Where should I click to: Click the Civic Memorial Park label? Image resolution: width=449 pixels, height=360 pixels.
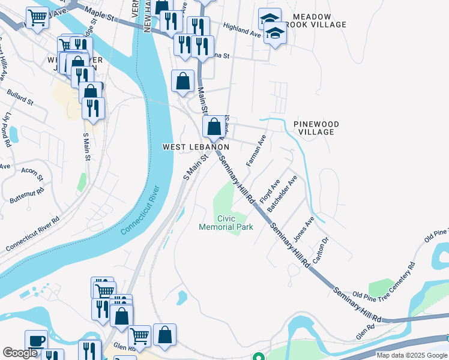coord(226,223)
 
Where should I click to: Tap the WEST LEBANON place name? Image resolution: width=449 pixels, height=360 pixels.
coord(196,147)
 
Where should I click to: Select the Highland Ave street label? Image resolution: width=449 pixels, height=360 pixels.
coord(242,30)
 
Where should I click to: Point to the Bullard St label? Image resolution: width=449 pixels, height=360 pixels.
coord(21,98)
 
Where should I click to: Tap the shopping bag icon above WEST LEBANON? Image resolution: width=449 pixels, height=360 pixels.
coord(213,127)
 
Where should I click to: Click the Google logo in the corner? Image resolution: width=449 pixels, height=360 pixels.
coord(20,352)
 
